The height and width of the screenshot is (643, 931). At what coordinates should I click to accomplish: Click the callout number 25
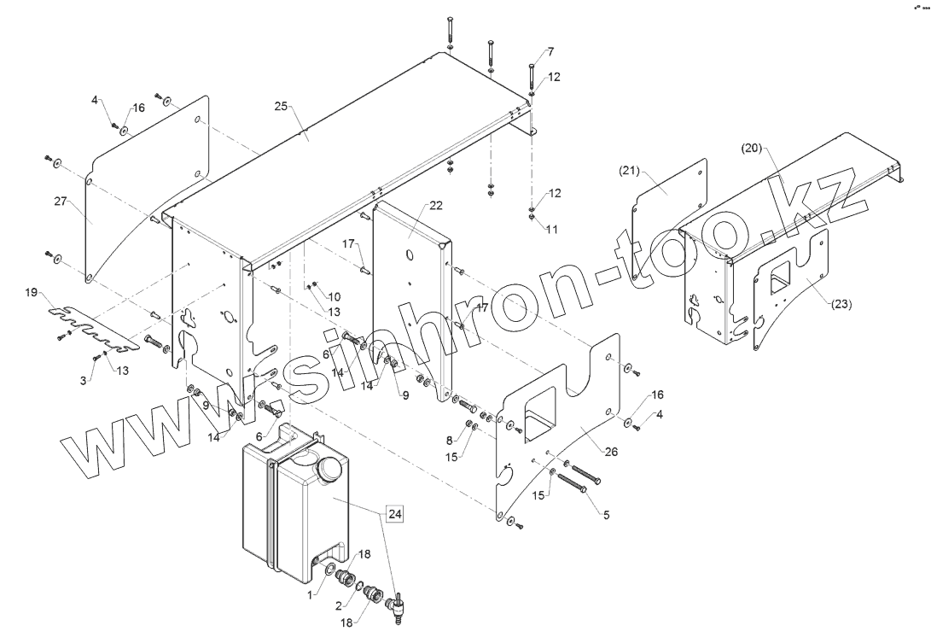coord(281,108)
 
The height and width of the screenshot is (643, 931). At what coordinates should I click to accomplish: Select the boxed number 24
coord(394,513)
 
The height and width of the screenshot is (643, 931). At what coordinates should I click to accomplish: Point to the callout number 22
coord(435,207)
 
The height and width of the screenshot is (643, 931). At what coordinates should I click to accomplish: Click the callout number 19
coord(32,293)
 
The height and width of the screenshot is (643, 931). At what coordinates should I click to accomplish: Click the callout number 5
coord(608,515)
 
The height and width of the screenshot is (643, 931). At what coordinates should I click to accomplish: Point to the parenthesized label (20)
coord(750,147)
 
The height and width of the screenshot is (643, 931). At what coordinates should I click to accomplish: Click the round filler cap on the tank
coord(329,468)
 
